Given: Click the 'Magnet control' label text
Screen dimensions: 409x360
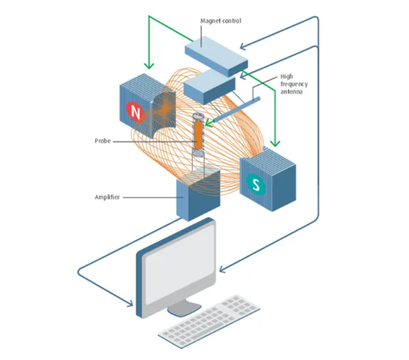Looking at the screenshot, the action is pos(221,21).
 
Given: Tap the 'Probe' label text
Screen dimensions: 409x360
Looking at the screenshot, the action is pos(103,141).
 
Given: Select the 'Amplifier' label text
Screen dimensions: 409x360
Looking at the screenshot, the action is pos(107,197).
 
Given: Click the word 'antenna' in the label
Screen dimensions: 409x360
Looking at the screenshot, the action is pos(291,92).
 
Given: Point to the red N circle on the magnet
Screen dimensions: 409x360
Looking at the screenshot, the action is pos(135,112).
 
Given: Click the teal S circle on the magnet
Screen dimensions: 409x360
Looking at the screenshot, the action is pos(256,185).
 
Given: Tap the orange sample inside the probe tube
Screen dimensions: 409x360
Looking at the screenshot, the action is pos(198,135).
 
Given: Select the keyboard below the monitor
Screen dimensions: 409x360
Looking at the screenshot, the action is pos(209,322).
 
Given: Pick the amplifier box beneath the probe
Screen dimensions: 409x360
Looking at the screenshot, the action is pos(198,194).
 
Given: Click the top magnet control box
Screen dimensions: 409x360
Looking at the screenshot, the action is pos(216,56).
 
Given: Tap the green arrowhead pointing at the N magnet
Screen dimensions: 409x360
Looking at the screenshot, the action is pos(149,65).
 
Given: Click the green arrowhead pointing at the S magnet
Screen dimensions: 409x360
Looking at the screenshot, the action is pos(275,143).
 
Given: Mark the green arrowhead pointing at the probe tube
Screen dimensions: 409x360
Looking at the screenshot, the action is pos(209,122).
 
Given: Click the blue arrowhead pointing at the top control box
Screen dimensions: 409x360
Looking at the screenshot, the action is pos(243,46).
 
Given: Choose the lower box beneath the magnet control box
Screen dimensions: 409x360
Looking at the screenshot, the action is pos(210,87).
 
